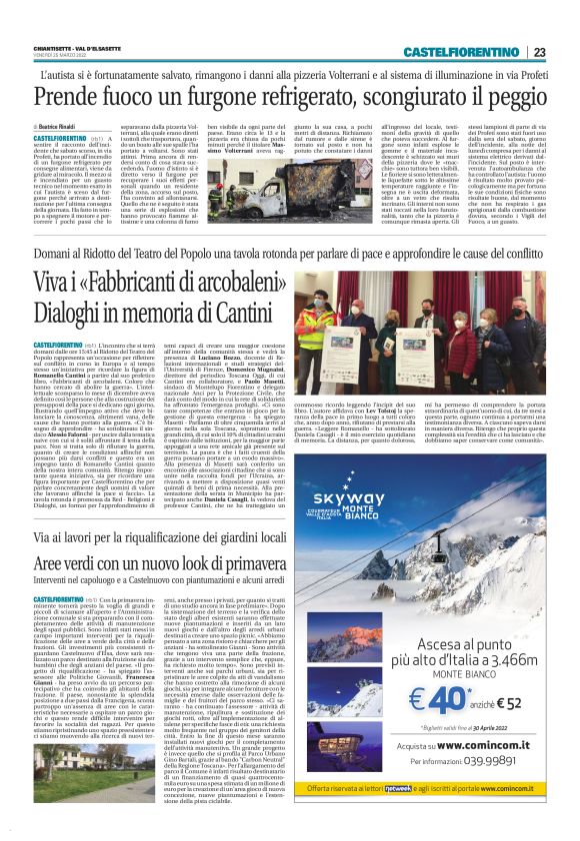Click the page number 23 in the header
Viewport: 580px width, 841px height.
pos(539,51)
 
